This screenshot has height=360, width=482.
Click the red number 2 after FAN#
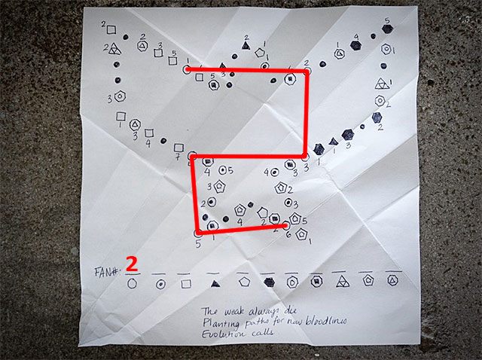pos(132,264)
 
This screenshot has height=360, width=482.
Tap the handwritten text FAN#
pos(108,269)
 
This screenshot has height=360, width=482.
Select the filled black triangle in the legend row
pos(215,284)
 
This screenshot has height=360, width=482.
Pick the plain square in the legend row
pos(186,284)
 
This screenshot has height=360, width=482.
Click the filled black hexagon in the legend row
pos(269,283)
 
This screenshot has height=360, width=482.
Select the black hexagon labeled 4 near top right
pos(356,46)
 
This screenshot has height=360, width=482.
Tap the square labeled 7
pos(179,148)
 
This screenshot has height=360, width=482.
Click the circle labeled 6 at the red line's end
pos(286,224)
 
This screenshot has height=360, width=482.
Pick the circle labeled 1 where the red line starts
pos(187,69)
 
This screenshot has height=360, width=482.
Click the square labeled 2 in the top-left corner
pos(111,29)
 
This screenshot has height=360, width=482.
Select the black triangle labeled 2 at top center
pos(246,47)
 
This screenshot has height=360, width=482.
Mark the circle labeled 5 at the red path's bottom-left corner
pos(198,233)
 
